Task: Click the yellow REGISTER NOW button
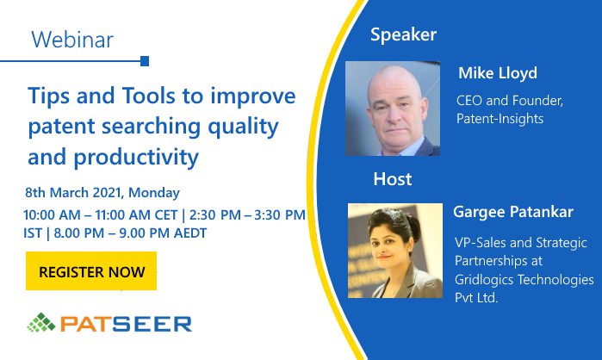coord(91,270)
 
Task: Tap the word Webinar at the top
coord(72,40)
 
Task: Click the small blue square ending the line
coord(145,61)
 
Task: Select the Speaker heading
coord(403,35)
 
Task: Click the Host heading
coord(393,179)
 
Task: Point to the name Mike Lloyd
coord(498,73)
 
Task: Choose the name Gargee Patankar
coord(513,212)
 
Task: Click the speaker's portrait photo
coord(393,109)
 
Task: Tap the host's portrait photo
coord(395,251)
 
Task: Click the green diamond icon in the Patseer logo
coord(41,322)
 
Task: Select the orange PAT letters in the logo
coord(81,324)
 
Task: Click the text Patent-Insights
coord(500,119)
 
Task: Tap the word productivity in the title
coord(136,158)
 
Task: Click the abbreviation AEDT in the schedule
coord(190,233)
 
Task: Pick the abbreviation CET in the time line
coord(166,215)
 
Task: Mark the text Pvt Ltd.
coord(476,298)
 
